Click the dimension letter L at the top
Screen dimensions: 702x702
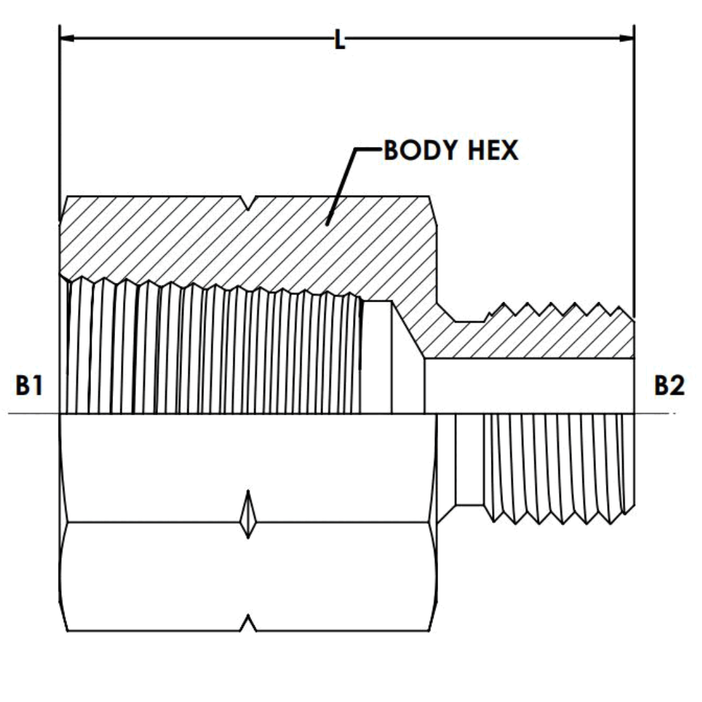coord(339,40)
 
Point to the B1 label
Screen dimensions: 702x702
coord(29,386)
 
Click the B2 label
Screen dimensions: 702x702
coord(669,386)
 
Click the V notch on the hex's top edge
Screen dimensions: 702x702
coord(249,203)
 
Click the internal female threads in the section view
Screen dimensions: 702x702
coord(214,351)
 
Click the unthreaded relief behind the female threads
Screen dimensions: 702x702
coord(377,357)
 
